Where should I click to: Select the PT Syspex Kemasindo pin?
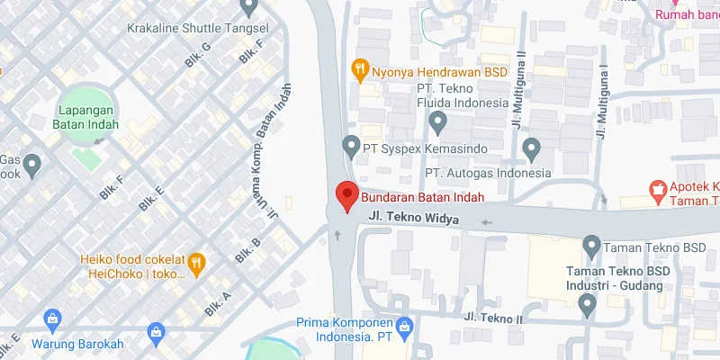(351, 145)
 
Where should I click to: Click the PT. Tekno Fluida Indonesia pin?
(438, 121)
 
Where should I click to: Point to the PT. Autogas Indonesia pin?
(531, 147)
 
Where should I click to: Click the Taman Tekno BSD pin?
(591, 245)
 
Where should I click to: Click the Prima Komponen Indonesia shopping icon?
(405, 324)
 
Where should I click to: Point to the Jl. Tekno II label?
(493, 318)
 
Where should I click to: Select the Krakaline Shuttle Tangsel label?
(187, 28)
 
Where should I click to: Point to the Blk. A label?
(218, 301)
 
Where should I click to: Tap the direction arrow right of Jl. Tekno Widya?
(487, 221)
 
